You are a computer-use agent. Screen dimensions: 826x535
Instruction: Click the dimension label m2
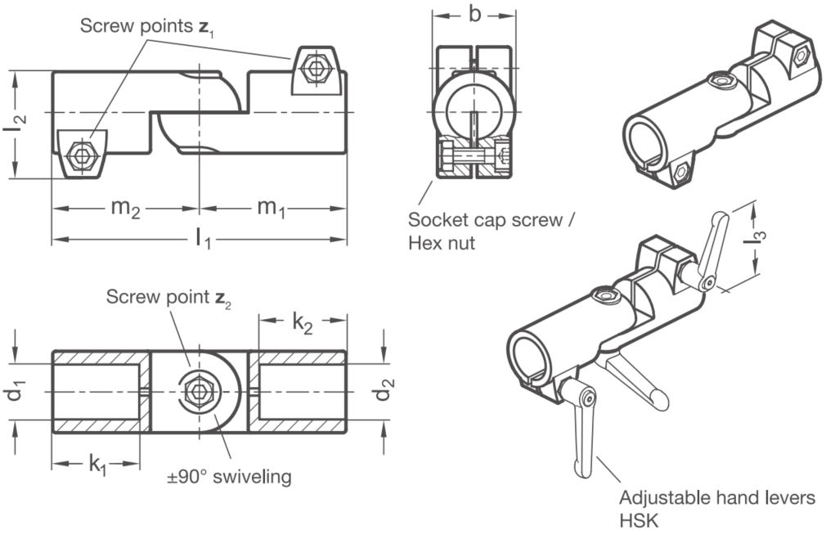click(x=125, y=209)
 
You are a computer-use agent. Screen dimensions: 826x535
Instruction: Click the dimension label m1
click(x=271, y=209)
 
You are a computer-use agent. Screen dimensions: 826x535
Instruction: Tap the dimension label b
click(x=474, y=14)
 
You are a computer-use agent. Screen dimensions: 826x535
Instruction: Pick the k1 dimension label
click(x=97, y=465)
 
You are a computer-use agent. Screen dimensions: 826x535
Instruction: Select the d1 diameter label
click(x=17, y=392)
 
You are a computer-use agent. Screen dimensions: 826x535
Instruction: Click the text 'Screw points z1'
click(x=147, y=26)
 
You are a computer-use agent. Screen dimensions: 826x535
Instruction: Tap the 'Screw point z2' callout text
click(x=168, y=297)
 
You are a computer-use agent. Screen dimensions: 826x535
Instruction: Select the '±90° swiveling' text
click(x=229, y=476)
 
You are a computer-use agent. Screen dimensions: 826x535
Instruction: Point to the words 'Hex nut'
click(x=442, y=243)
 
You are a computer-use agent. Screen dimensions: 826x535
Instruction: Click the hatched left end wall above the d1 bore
click(x=97, y=357)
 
